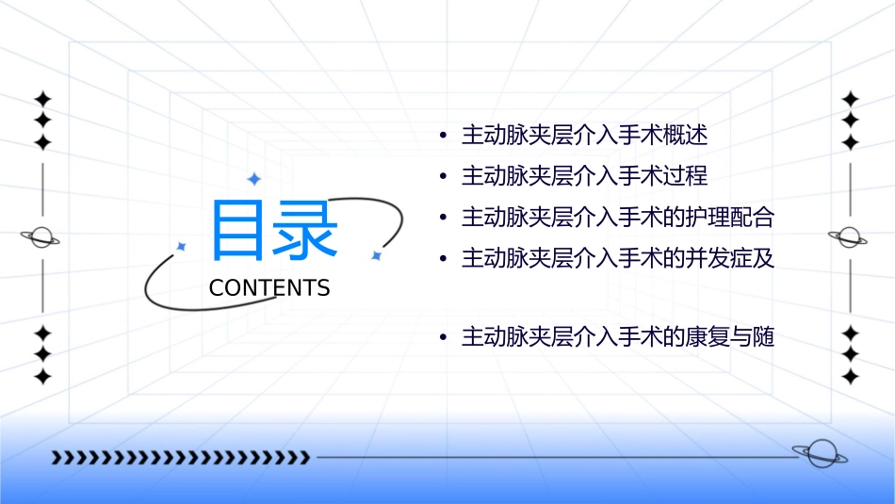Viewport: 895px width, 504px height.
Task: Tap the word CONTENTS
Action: click(x=269, y=288)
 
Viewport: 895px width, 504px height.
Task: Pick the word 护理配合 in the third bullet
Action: click(x=732, y=218)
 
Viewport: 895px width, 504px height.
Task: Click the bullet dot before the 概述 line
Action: click(x=443, y=137)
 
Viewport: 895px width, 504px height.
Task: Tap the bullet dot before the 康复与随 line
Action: click(x=443, y=337)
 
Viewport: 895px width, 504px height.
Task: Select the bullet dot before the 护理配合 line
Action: click(x=443, y=219)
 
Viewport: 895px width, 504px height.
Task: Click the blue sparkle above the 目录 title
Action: click(x=253, y=179)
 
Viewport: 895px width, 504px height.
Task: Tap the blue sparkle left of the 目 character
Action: click(x=182, y=246)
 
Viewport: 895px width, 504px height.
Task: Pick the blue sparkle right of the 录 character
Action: click(x=375, y=254)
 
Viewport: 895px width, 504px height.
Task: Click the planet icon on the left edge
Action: click(x=41, y=237)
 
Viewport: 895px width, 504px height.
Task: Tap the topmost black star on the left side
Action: click(x=41, y=98)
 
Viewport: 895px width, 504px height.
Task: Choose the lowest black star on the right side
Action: click(x=850, y=377)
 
